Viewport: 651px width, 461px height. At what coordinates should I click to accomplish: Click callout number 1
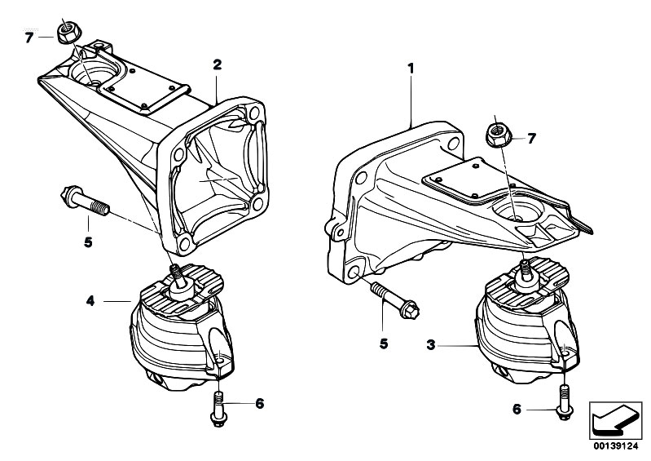click(x=411, y=69)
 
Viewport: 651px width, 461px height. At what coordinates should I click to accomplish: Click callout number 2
click(x=218, y=64)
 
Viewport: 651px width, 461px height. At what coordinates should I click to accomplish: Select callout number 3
click(x=431, y=344)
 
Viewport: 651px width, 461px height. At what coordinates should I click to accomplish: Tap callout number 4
click(x=90, y=300)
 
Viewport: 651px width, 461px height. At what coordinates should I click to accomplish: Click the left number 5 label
click(x=88, y=242)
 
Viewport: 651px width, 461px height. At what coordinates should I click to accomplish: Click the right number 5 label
click(x=384, y=344)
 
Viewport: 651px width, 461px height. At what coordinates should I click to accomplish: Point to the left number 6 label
click(x=259, y=403)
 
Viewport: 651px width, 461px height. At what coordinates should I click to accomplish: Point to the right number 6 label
click(x=517, y=409)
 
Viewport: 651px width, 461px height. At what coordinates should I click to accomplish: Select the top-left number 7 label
click(x=29, y=38)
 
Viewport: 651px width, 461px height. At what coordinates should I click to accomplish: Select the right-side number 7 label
click(x=532, y=139)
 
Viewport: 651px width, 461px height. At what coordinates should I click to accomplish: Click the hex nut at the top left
click(x=67, y=33)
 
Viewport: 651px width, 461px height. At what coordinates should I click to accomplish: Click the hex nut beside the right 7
click(x=498, y=135)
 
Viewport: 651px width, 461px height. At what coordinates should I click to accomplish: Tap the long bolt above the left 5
click(x=85, y=201)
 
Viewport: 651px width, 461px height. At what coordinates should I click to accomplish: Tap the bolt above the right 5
click(x=395, y=300)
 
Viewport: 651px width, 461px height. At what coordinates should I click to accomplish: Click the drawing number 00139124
click(x=616, y=446)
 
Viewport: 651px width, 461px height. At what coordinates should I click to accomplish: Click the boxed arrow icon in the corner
click(x=616, y=420)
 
